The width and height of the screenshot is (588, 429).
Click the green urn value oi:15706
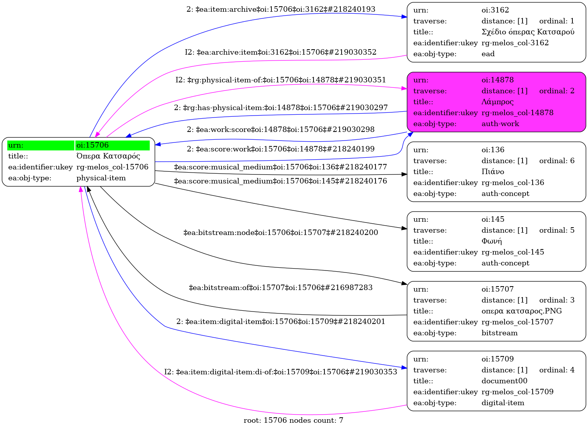click(x=92, y=145)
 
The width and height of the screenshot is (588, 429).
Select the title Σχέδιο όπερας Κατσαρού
click(x=528, y=32)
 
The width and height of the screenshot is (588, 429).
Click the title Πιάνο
click(x=492, y=172)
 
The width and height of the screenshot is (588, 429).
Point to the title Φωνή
click(x=491, y=241)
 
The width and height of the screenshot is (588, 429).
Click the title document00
click(x=504, y=381)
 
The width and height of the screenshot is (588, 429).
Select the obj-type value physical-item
click(x=101, y=178)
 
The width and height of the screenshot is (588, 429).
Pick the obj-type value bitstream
click(x=499, y=333)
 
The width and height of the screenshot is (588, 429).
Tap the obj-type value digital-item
click(x=503, y=403)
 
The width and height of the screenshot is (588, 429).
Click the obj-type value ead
click(x=488, y=54)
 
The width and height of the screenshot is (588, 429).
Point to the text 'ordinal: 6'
click(x=556, y=161)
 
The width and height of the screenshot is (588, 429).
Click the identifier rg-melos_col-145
click(x=513, y=252)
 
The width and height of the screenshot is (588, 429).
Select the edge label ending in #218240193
click(x=281, y=9)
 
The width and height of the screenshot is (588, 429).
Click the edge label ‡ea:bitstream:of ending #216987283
click(x=281, y=288)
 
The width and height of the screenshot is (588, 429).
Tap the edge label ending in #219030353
click(x=281, y=372)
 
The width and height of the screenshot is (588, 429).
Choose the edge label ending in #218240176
click(x=281, y=181)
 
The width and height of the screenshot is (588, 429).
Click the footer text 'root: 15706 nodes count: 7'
click(x=293, y=420)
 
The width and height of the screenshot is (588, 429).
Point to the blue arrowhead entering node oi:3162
click(x=404, y=17)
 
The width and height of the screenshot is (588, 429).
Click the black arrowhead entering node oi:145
click(x=404, y=228)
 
